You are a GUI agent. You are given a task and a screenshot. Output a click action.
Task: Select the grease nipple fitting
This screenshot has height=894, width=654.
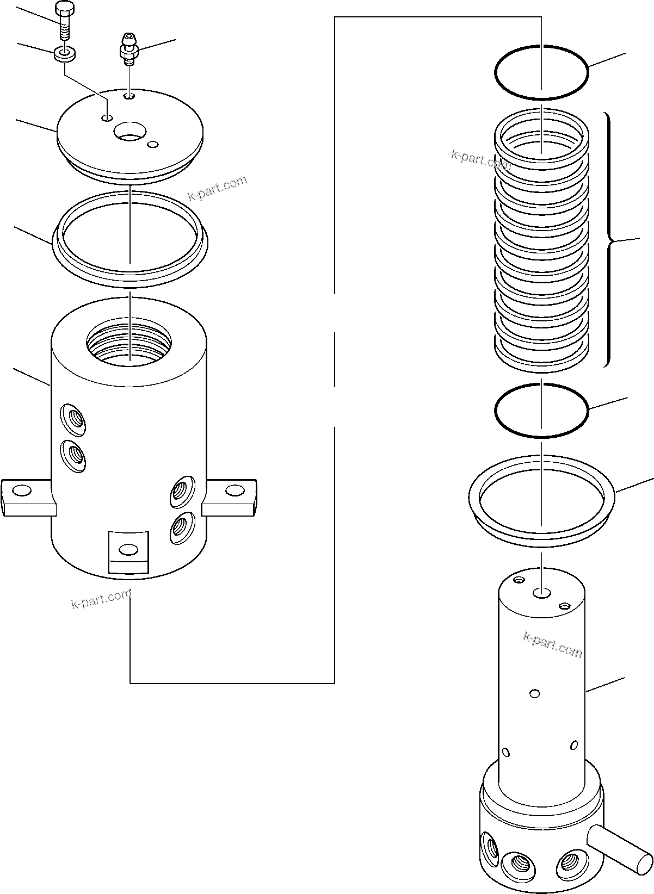pyautogui.click(x=129, y=49)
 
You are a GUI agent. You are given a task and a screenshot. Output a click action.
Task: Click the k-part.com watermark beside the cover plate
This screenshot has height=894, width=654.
pyautogui.click(x=217, y=188)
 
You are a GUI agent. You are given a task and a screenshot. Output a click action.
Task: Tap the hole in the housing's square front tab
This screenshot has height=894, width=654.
pyautogui.click(x=128, y=550)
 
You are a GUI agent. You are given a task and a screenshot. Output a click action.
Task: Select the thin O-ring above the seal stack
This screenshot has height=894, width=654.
pyautogui.click(x=541, y=72)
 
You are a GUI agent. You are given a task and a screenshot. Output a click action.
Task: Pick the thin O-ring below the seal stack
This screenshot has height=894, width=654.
pyautogui.click(x=541, y=410)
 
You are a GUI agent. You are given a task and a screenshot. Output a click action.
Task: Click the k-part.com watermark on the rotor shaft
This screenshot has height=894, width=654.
pyautogui.click(x=552, y=644)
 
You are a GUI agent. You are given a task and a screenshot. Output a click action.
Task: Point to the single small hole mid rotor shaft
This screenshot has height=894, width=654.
pyautogui.click(x=535, y=693)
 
